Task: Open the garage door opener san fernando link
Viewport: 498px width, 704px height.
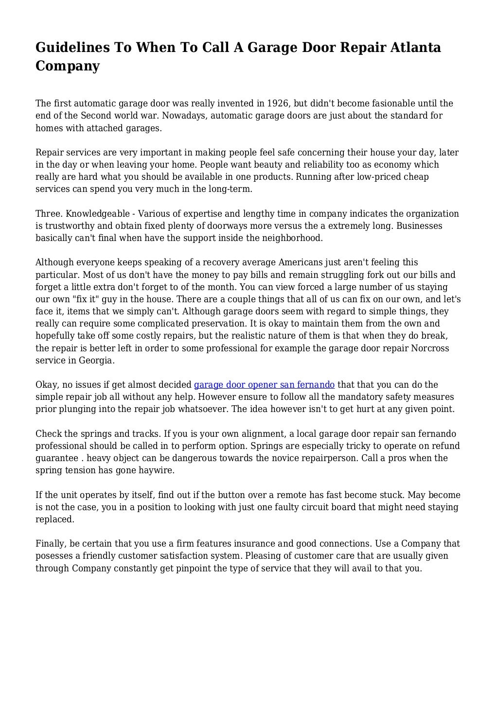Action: (264, 385)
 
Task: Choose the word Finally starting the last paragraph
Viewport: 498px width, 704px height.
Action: (51, 544)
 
